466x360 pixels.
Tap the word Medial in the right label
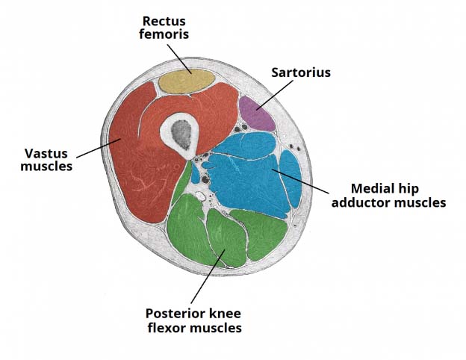[369, 188]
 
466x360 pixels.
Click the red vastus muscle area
[138, 161]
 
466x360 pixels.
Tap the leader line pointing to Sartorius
[276, 94]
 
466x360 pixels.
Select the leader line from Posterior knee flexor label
[206, 277]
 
